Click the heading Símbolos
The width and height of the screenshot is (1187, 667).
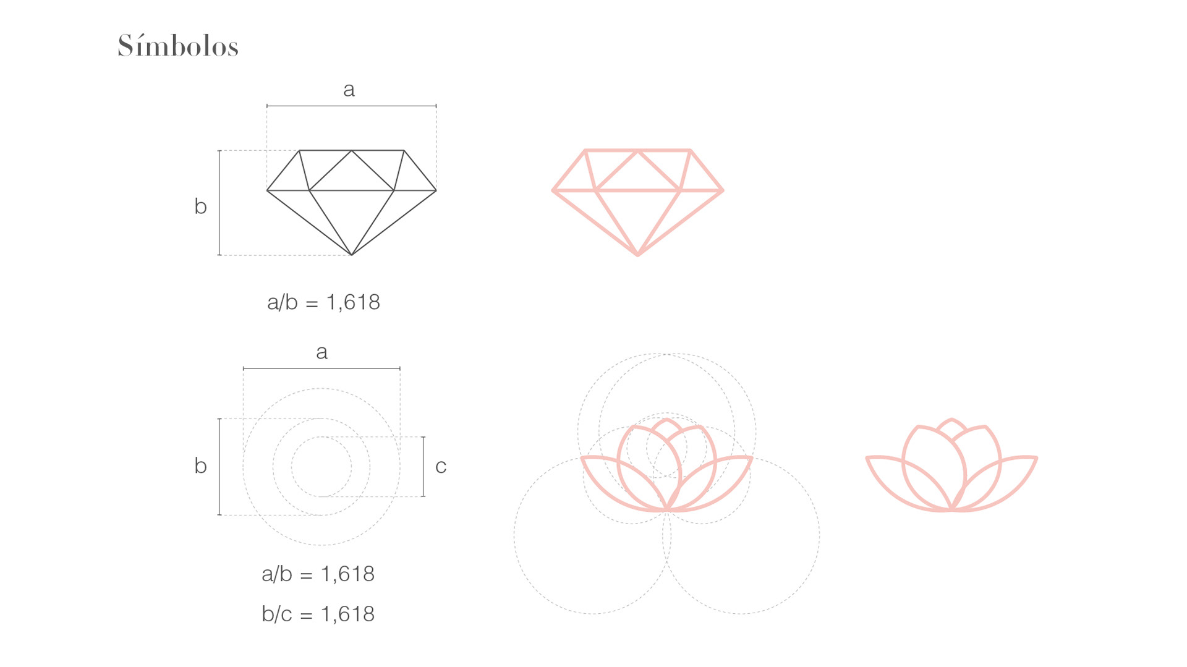click(178, 46)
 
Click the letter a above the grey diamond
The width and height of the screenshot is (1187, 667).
click(349, 90)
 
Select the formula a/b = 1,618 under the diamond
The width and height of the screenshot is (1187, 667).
click(323, 302)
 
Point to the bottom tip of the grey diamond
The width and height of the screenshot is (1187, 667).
click(352, 255)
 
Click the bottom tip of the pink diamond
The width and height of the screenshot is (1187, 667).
click(638, 254)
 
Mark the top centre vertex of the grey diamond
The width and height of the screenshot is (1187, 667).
click(352, 150)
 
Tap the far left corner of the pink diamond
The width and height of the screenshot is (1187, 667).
click(553, 190)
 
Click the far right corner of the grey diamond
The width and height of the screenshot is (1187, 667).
click(436, 190)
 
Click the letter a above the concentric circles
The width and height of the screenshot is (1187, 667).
click(321, 352)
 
